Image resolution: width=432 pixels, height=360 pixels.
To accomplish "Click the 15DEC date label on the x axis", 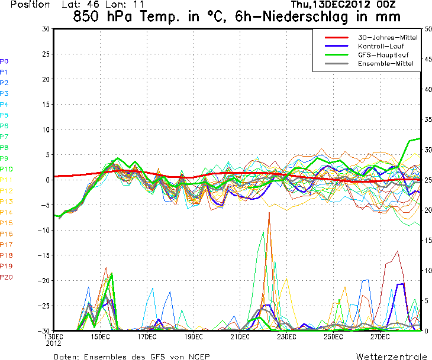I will pyautogui.click(x=100, y=337).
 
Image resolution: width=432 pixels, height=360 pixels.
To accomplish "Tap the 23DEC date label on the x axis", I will pyautogui.click(x=286, y=337).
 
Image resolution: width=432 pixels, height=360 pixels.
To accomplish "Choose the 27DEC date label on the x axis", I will pyautogui.click(x=379, y=337).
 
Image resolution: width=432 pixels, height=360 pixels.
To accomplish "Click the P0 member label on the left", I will pyautogui.click(x=5, y=61).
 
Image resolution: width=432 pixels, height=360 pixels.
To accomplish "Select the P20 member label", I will pyautogui.click(x=7, y=277).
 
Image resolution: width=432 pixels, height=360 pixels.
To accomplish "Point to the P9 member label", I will pyautogui.click(x=5, y=158).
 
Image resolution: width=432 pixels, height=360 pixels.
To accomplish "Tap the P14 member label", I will pyautogui.click(x=7, y=212).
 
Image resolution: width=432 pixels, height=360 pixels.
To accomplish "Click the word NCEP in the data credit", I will pyautogui.click(x=197, y=356).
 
